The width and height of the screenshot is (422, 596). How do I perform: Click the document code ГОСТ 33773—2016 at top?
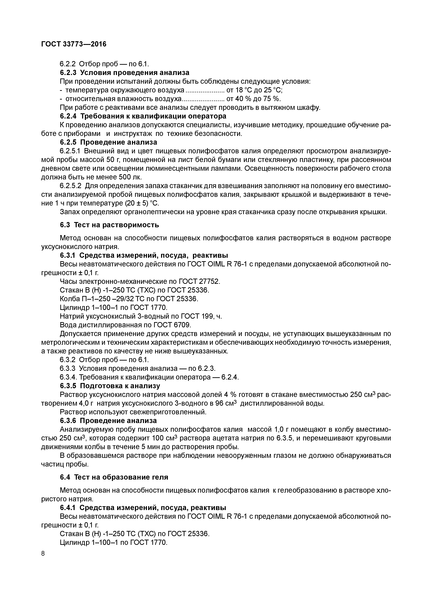(74, 44)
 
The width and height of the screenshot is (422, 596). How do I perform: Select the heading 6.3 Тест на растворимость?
(109, 225)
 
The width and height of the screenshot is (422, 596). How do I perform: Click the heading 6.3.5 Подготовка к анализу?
(110, 386)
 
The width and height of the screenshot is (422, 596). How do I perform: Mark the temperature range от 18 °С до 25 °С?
(254, 90)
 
